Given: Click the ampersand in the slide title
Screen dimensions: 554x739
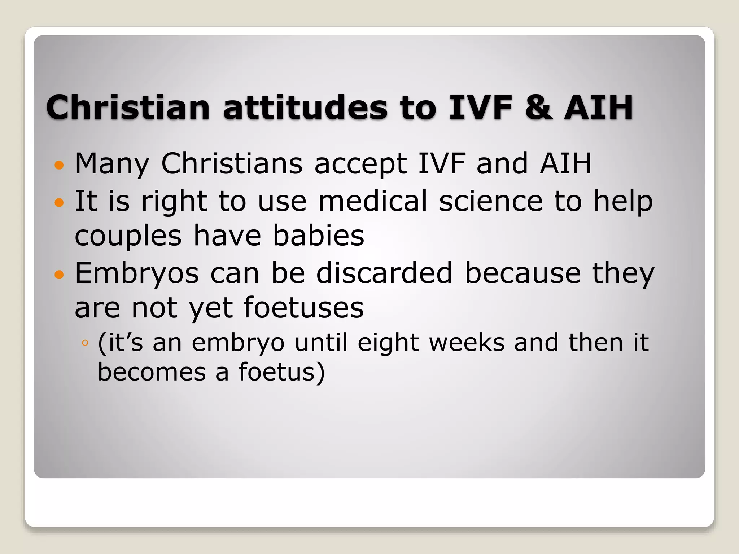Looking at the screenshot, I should [x=538, y=107].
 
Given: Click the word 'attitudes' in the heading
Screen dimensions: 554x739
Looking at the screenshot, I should [x=305, y=107].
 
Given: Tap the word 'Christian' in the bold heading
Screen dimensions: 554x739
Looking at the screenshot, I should [x=128, y=107].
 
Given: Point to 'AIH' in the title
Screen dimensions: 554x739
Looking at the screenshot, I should [x=598, y=107].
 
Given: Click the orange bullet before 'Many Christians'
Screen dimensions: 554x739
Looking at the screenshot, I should [x=59, y=165].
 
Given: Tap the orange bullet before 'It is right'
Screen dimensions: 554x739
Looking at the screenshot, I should [x=59, y=202].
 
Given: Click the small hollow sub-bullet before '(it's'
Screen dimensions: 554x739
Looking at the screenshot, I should [x=85, y=343].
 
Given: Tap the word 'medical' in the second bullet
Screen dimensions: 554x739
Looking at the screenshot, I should [x=373, y=201].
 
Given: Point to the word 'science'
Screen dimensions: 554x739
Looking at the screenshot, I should [x=491, y=201].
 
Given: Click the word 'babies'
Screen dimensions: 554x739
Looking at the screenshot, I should [x=318, y=236].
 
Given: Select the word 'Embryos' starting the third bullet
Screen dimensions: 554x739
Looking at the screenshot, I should [x=137, y=273].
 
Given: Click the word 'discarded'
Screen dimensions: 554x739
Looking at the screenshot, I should [x=384, y=273].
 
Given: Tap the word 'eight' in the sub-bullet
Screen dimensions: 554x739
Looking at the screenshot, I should [x=388, y=343].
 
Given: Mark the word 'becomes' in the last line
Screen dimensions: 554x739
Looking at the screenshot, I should [x=152, y=372].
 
